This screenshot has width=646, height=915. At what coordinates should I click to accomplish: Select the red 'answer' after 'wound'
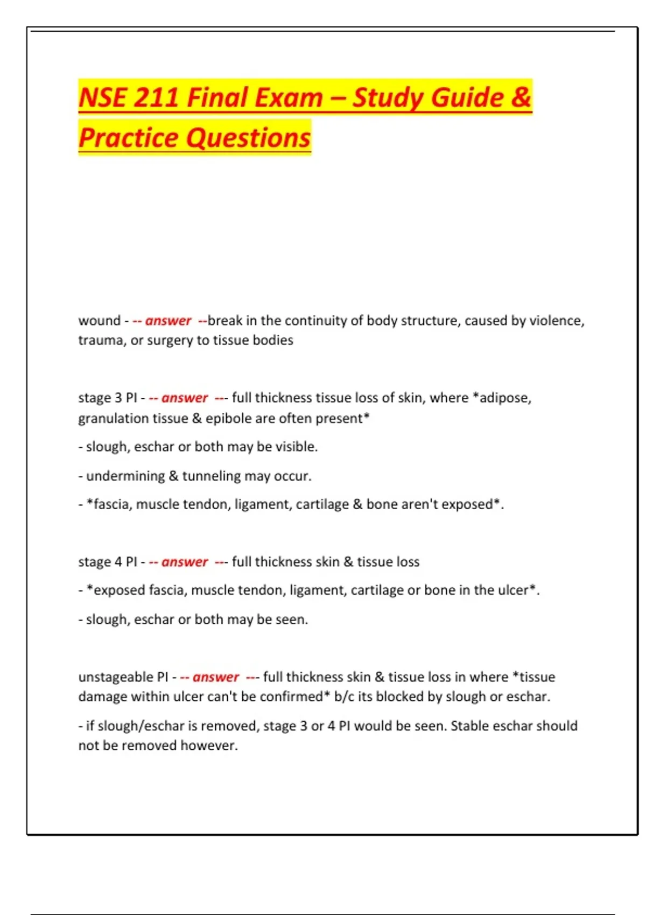click(x=168, y=321)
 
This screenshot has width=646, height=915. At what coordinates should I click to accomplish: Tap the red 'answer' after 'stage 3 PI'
click(x=184, y=398)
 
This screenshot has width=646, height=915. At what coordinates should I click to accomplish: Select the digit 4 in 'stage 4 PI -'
click(x=118, y=562)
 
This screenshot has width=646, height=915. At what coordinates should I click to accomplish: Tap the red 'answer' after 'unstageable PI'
click(x=215, y=677)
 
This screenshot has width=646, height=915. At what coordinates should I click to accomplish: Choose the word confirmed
click(x=292, y=696)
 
